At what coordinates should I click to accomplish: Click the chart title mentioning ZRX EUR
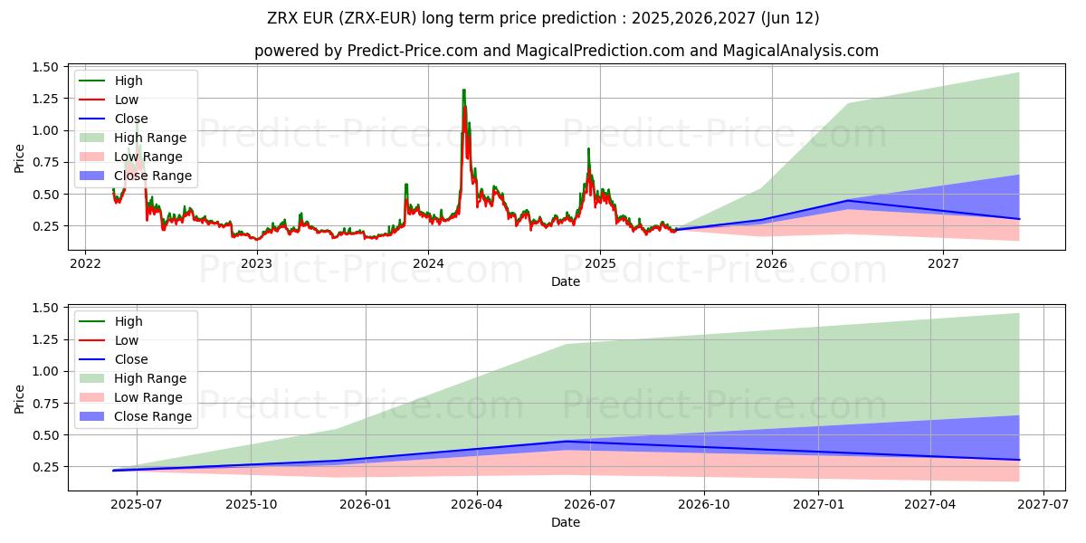(x=543, y=18)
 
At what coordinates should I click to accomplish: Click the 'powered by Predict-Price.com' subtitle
(x=566, y=51)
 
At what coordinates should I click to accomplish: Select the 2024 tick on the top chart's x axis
(x=428, y=264)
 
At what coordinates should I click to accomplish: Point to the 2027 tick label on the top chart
(x=943, y=264)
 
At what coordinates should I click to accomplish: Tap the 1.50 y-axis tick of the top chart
(x=46, y=68)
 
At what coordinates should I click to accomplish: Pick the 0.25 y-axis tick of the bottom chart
(x=46, y=467)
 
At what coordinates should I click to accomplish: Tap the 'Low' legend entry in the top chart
(x=127, y=100)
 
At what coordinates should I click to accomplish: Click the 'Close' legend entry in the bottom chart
(x=130, y=359)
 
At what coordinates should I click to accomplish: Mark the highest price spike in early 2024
(x=464, y=91)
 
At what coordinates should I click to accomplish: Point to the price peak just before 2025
(x=588, y=150)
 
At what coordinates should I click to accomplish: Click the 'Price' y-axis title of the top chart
(x=20, y=157)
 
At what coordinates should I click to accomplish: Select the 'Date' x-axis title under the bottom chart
(x=566, y=522)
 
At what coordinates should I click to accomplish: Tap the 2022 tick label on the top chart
(x=85, y=264)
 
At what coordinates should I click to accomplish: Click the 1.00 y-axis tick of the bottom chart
(x=46, y=372)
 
